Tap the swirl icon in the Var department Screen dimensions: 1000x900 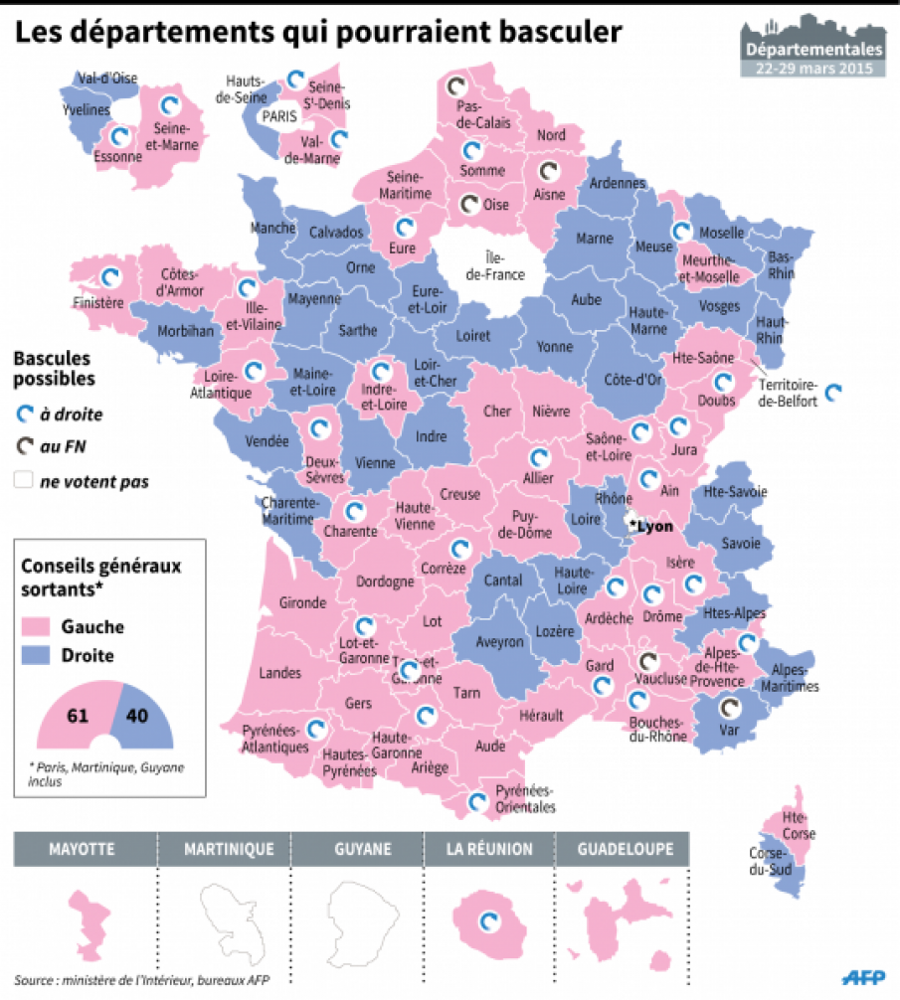[x=730, y=708]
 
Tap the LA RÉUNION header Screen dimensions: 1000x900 [x=489, y=850]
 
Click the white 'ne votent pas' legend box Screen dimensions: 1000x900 [x=24, y=482]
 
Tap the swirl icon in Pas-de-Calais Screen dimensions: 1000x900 [x=455, y=86]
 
